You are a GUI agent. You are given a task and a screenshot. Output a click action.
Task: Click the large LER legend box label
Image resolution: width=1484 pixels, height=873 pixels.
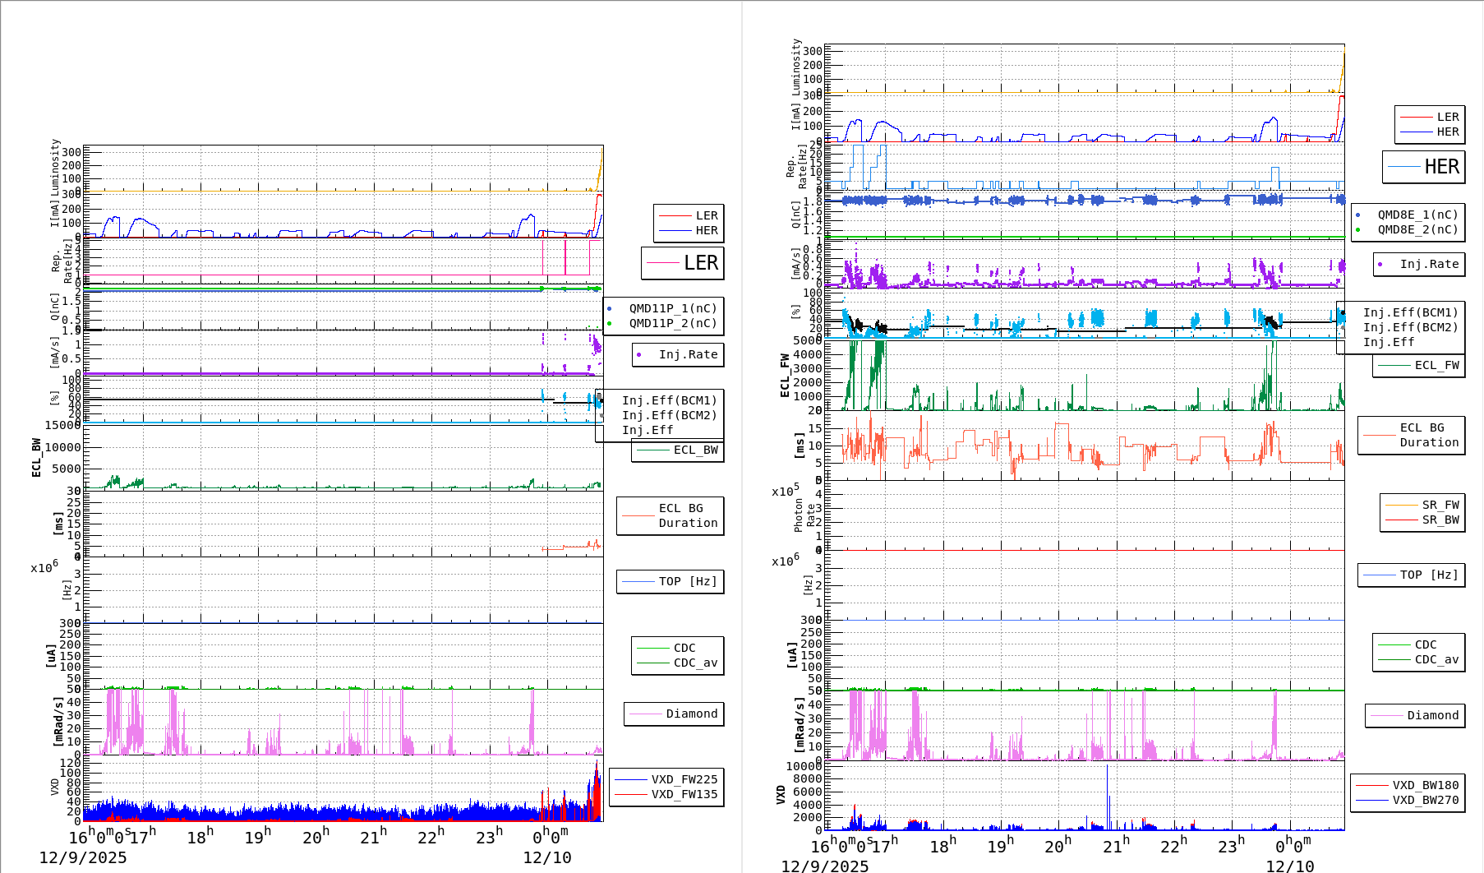pos(700,263)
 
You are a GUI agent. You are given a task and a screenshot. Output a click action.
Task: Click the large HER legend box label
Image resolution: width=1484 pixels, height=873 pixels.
pos(1441,167)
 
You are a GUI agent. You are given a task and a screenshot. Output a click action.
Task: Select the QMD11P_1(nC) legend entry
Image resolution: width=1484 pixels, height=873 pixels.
pos(672,308)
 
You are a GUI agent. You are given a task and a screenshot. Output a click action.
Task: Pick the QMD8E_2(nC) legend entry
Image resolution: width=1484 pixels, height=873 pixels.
pos(1417,229)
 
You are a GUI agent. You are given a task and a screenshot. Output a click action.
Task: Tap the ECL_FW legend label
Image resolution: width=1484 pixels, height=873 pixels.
pos(1436,365)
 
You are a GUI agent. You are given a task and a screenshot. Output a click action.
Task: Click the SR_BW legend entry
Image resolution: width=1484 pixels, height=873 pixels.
pos(1440,520)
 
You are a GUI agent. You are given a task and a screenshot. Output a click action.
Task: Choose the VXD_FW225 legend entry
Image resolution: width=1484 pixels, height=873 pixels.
pos(684,779)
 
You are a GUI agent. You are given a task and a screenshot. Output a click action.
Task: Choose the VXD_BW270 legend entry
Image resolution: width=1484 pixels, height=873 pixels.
pos(1425,800)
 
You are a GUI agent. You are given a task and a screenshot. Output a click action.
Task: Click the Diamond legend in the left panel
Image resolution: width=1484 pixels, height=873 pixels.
pos(691,714)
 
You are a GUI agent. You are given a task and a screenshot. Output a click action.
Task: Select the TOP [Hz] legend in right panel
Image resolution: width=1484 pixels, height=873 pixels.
pos(1429,575)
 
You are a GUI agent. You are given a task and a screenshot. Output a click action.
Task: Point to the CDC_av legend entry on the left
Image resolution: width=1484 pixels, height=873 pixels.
pos(695,663)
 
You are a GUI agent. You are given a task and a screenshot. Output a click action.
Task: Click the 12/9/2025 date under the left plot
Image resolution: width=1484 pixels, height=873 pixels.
pos(83,857)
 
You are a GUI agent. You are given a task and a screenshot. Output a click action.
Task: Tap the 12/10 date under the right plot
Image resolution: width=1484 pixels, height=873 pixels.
pos(1289,866)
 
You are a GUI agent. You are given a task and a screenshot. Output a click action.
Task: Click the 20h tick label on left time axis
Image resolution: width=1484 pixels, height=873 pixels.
pos(316,837)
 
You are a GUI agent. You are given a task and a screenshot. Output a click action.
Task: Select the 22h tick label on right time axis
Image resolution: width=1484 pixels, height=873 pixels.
pos(1173,845)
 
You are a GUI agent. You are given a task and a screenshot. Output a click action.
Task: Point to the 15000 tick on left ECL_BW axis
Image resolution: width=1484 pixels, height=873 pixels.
pos(62,425)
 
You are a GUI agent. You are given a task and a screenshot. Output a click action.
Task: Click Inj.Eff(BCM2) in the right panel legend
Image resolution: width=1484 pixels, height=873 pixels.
pos(1410,327)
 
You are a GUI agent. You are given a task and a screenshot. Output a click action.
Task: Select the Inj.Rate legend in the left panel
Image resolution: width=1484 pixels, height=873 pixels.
pos(688,354)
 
